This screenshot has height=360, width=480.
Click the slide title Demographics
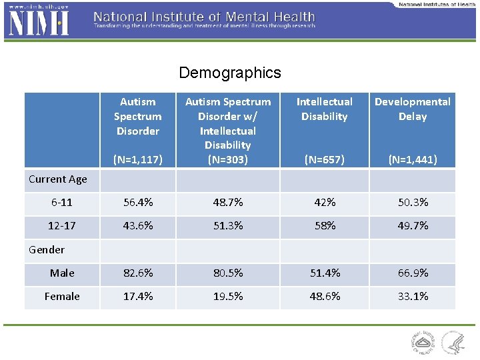[230, 73]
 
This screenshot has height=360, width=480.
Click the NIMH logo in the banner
[39, 22]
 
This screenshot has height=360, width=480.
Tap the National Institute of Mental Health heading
[204, 16]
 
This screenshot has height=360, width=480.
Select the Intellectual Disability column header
[324, 109]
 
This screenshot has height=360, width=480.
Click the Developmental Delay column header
[412, 109]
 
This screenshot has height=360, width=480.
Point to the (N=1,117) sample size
[137, 159]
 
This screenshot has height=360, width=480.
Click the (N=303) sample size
[227, 159]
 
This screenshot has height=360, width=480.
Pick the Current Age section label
[58, 179]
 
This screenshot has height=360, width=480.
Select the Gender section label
[47, 249]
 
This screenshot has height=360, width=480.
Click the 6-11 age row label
[62, 203]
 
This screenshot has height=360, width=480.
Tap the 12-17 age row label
[62, 226]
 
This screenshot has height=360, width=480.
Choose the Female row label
[62, 297]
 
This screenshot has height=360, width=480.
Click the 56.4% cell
[137, 203]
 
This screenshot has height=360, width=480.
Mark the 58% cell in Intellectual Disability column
[324, 226]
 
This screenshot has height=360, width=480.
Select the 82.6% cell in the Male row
[137, 273]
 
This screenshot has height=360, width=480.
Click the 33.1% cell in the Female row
[412, 297]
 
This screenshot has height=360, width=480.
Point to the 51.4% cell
[324, 273]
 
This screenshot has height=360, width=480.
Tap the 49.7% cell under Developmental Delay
[412, 226]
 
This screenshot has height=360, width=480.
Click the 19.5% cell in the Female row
[227, 297]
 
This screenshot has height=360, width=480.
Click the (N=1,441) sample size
[412, 159]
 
